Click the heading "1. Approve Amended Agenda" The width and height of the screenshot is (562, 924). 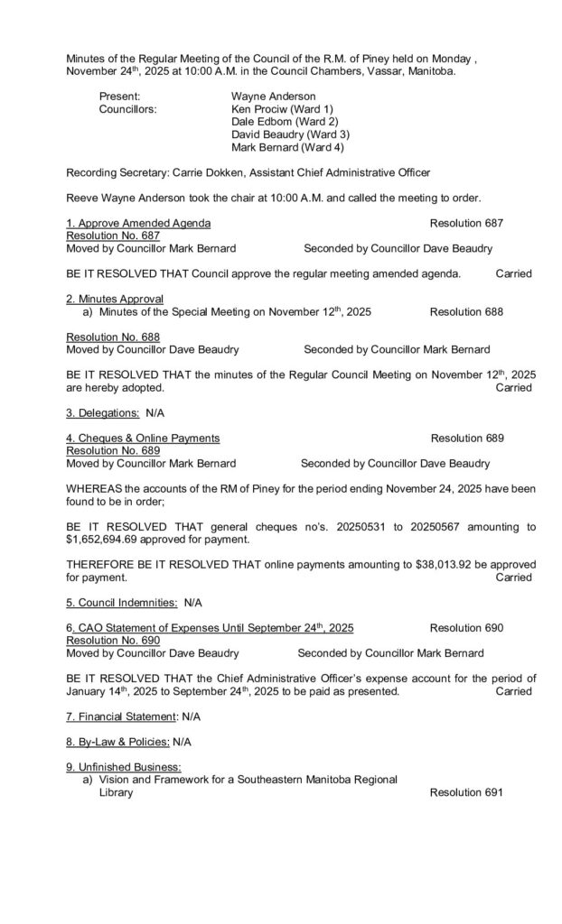point(139,222)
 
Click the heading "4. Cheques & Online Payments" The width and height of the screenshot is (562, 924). point(143,439)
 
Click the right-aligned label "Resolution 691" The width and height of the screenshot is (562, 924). point(466,793)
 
